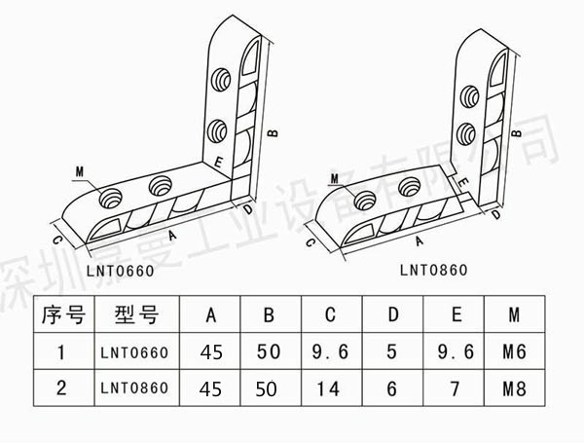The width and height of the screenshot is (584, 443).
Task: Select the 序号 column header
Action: tap(61, 314)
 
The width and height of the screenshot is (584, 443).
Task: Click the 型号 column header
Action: tap(135, 314)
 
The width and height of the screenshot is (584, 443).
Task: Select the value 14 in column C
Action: tap(330, 388)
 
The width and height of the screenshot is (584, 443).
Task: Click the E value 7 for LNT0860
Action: tap(456, 388)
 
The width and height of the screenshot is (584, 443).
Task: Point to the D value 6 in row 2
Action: tap(392, 388)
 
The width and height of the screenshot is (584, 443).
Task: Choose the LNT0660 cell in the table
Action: tap(135, 351)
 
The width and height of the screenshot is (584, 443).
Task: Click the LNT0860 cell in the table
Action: tap(135, 388)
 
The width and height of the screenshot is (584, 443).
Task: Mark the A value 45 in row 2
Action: tap(210, 388)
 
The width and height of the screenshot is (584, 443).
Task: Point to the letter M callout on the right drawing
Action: tap(334, 177)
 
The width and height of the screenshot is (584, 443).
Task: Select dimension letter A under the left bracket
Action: tap(172, 236)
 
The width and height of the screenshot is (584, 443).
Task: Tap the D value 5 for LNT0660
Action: tap(392, 351)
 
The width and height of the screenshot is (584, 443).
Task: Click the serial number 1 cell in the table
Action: tap(61, 351)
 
